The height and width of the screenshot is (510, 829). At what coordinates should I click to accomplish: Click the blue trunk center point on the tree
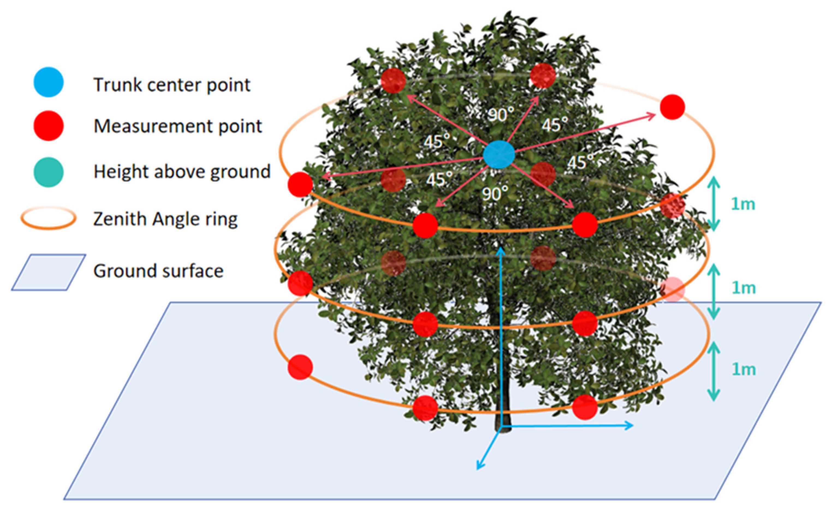point(499,155)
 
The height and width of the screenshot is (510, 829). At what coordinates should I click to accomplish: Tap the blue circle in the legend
point(49,82)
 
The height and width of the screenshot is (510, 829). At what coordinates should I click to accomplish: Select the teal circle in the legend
point(49,172)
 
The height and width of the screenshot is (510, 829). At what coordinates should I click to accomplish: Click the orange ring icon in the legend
point(48,218)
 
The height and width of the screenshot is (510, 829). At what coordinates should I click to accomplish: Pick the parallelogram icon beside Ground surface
point(49,272)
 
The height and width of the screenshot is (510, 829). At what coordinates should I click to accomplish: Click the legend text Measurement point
point(178,126)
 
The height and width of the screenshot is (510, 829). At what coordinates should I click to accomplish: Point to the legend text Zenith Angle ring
point(165,219)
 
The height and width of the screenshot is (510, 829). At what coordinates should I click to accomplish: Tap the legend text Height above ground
point(182,171)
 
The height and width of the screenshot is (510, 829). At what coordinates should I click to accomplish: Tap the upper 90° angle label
point(501,115)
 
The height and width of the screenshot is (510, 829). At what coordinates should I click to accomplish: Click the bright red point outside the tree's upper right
point(672,107)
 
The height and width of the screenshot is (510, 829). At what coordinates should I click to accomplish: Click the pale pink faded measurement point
point(672,289)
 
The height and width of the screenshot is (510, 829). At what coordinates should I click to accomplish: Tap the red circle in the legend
point(49,126)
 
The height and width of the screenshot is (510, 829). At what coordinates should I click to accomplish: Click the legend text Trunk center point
point(172,84)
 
